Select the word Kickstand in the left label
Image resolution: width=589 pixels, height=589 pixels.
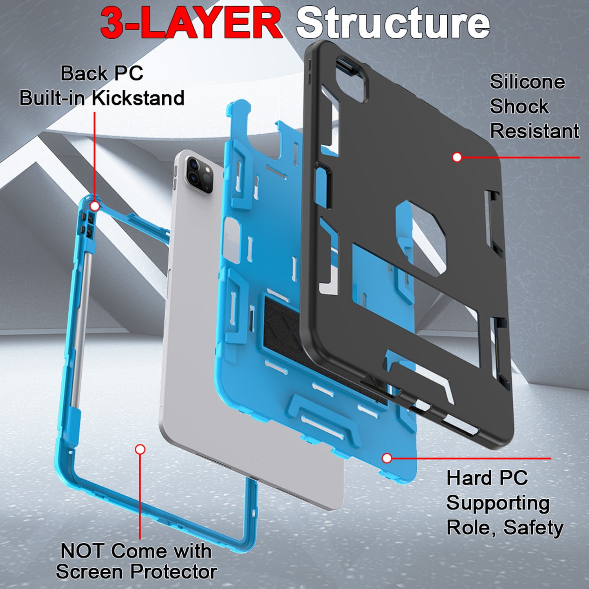click(138, 98)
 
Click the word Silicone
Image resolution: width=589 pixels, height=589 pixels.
click(527, 82)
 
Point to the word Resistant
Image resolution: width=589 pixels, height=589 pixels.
click(534, 131)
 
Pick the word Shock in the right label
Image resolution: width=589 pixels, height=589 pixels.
click(519, 106)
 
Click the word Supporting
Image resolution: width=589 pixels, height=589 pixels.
click(498, 503)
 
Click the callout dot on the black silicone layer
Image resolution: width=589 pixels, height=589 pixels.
click(457, 157)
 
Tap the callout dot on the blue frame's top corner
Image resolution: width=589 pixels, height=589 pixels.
click(95, 206)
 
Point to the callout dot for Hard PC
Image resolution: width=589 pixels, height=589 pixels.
click(387, 458)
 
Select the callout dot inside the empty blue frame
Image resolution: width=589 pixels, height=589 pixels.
click(140, 449)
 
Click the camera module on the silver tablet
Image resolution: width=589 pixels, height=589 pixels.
click(200, 175)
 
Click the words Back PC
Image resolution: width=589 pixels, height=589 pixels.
click(102, 73)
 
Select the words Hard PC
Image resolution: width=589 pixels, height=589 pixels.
click(487, 478)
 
